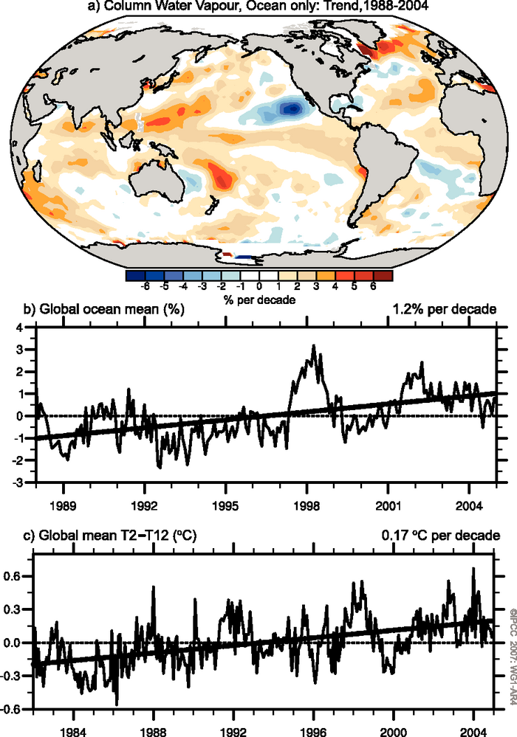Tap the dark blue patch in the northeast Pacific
(x=292, y=108)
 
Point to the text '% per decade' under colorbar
(x=258, y=301)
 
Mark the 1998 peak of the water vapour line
(x=314, y=345)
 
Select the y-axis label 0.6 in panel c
(x=18, y=575)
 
